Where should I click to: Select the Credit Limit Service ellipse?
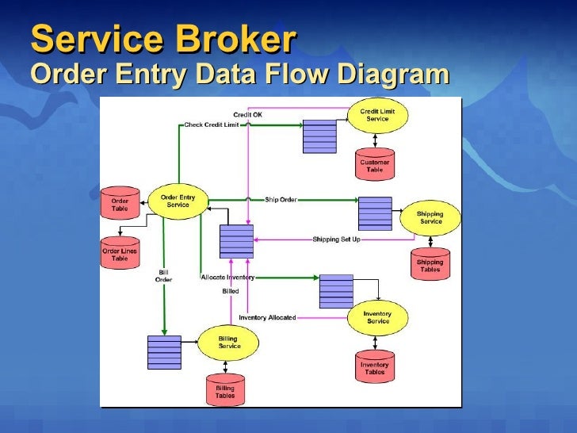coord(377,116)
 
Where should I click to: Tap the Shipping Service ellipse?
coord(430,217)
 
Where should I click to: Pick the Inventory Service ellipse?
coord(378,317)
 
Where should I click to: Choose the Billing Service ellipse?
coord(229,342)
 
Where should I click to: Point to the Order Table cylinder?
coord(120,204)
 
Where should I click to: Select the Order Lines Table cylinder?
coord(120,254)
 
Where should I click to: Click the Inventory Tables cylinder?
coord(375,366)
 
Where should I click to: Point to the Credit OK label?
coord(247,114)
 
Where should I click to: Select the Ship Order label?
coord(281,199)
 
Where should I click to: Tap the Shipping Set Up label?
coord(336,239)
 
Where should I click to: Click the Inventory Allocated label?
coord(267,317)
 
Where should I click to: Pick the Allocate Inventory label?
coord(227,277)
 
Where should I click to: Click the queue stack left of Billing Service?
coord(164,352)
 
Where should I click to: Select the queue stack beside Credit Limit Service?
coord(319,135)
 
